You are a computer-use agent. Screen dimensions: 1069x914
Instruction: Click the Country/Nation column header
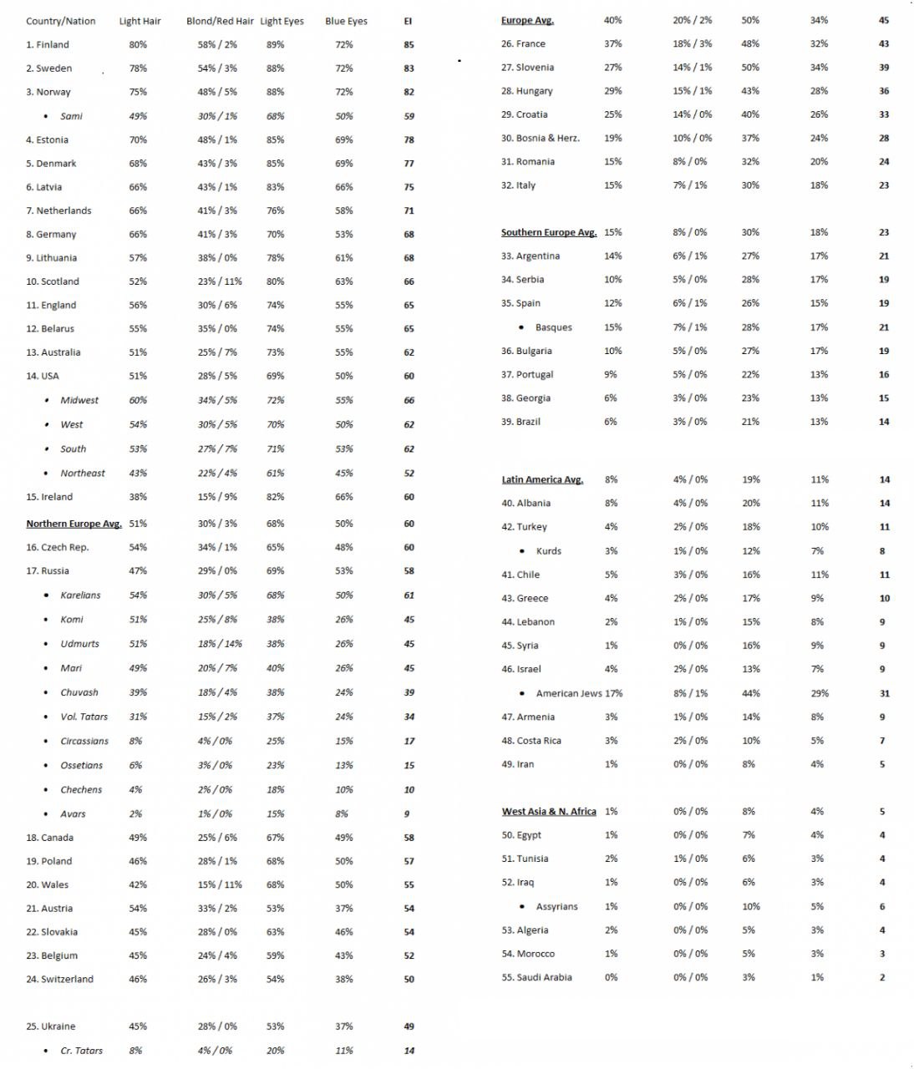pyautogui.click(x=60, y=21)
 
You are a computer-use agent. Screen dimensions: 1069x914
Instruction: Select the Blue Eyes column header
pyautogui.click(x=346, y=21)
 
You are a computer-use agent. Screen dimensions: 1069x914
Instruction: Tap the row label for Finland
pyautogui.click(x=48, y=44)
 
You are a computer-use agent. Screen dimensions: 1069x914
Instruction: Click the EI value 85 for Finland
pyautogui.click(x=409, y=44)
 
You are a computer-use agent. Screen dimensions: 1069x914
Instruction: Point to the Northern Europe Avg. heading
pyautogui.click(x=74, y=524)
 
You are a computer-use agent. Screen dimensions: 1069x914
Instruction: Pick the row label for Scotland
pyautogui.click(x=53, y=281)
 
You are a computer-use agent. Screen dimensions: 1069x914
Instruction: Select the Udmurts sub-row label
pyautogui.click(x=79, y=644)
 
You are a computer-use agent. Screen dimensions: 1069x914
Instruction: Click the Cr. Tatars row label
pyautogui.click(x=81, y=1051)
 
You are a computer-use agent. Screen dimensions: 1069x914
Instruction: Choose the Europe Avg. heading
pyautogui.click(x=527, y=20)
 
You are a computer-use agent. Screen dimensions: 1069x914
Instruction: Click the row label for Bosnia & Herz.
pyautogui.click(x=541, y=138)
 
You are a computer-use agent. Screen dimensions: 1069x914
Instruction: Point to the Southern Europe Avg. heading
pyautogui.click(x=549, y=232)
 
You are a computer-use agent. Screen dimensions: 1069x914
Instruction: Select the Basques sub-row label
pyautogui.click(x=553, y=327)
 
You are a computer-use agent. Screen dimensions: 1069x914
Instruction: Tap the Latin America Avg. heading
pyautogui.click(x=542, y=479)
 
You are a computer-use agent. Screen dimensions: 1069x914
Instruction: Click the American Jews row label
pyautogui.click(x=569, y=693)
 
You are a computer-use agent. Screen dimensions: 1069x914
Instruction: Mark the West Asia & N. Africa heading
pyautogui.click(x=549, y=811)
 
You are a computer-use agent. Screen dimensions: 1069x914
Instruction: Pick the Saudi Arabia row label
pyautogui.click(x=536, y=977)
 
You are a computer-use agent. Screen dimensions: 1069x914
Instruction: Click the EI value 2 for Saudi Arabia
pyautogui.click(x=882, y=977)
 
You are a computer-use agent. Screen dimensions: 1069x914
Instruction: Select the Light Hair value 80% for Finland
pyautogui.click(x=138, y=44)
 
